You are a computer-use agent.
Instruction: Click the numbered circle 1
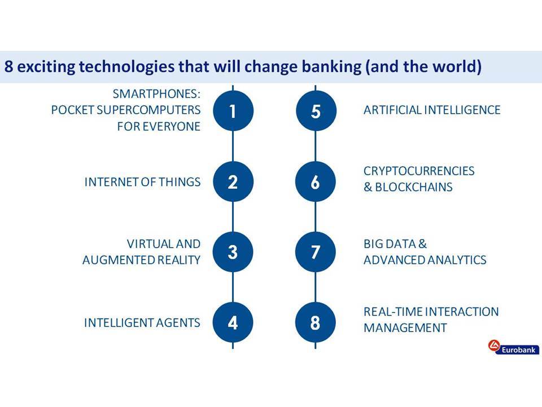tap(233, 111)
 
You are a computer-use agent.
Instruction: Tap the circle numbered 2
tap(233, 181)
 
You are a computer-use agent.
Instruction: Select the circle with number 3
tap(233, 252)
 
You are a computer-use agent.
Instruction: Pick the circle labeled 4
tap(233, 323)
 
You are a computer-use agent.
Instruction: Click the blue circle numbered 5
tap(316, 111)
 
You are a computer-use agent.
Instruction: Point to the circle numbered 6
tap(315, 181)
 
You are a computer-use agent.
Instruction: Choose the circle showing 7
tap(315, 252)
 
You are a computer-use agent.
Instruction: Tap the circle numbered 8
tap(315, 323)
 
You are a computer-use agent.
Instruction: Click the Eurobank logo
tap(513, 348)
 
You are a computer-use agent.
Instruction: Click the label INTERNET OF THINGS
tap(142, 182)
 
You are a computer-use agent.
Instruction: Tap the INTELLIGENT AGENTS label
tap(142, 323)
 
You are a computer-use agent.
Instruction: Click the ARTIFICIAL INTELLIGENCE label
tap(432, 110)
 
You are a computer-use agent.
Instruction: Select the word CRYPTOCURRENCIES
tap(419, 171)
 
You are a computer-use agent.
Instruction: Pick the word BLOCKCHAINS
tap(414, 187)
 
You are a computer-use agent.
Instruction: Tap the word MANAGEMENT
tap(405, 328)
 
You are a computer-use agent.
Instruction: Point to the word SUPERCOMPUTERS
tap(148, 110)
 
